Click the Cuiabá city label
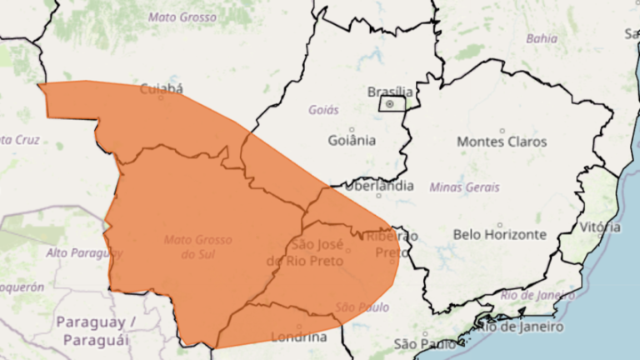[x=161, y=87]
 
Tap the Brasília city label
[x=390, y=91]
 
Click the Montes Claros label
[x=502, y=142]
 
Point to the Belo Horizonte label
[x=499, y=235]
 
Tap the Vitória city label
[x=600, y=227]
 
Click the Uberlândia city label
[x=378, y=186]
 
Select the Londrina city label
[x=299, y=337]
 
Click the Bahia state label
[x=542, y=38]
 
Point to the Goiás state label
[x=323, y=109]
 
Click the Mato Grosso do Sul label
[x=197, y=246]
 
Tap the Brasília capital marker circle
[x=389, y=104]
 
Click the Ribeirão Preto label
[x=391, y=244]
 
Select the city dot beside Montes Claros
[x=502, y=130]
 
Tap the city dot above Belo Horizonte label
[x=499, y=224]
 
